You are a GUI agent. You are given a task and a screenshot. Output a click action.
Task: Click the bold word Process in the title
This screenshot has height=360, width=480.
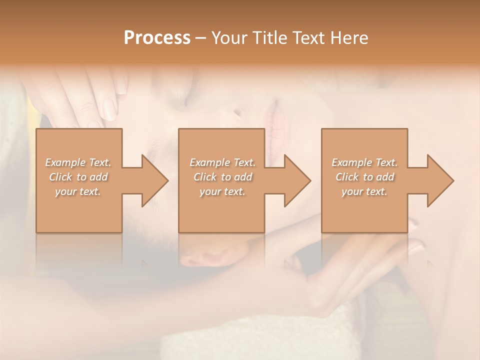(x=157, y=38)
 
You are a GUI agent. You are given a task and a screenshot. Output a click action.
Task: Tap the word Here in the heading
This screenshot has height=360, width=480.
(x=349, y=38)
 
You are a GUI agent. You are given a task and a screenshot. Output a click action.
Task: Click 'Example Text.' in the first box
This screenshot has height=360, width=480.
(x=78, y=162)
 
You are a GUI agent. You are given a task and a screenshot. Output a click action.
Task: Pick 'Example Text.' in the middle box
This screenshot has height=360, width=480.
(x=222, y=162)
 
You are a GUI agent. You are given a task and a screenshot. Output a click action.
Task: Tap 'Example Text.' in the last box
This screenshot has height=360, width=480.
(x=364, y=162)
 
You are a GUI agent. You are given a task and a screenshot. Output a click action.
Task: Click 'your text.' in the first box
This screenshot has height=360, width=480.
(x=78, y=191)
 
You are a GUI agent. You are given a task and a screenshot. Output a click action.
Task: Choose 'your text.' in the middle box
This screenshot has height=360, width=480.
(x=222, y=191)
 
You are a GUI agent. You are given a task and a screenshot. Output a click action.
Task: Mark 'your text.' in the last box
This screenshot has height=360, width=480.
(x=364, y=191)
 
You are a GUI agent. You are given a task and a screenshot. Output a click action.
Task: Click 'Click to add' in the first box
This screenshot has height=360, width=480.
(x=78, y=177)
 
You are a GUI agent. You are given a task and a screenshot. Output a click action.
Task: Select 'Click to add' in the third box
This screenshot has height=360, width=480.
(x=364, y=177)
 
